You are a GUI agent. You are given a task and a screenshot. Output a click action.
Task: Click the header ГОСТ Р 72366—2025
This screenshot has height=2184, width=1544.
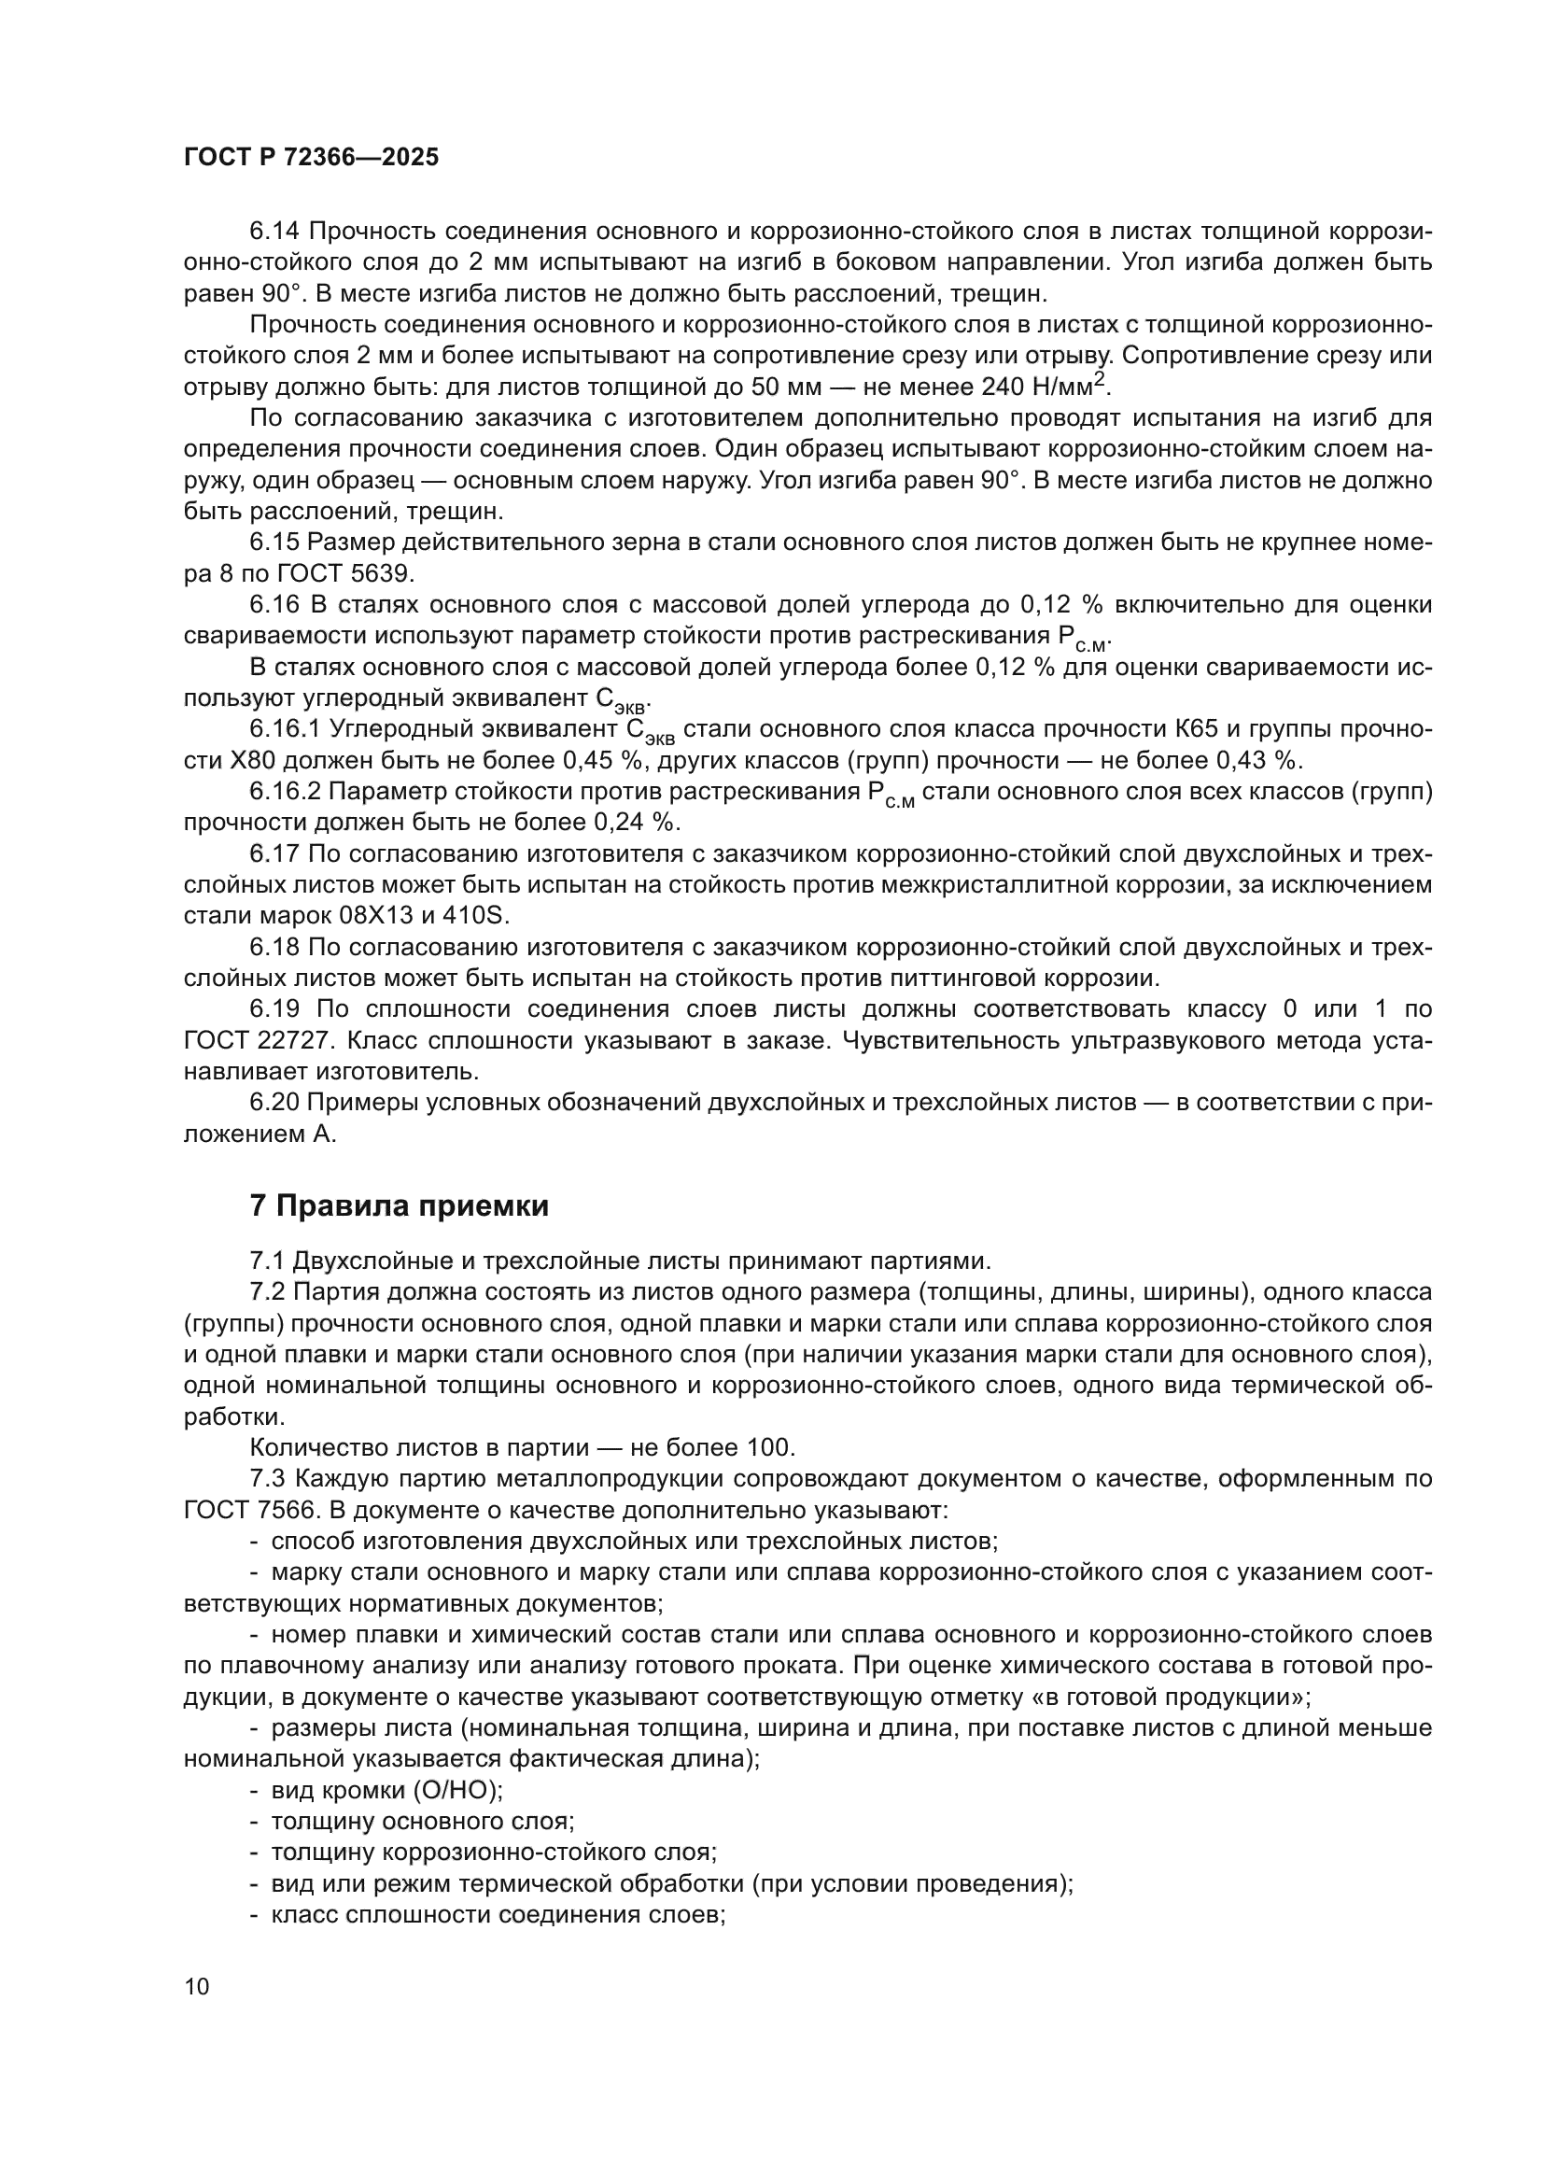[x=311, y=158]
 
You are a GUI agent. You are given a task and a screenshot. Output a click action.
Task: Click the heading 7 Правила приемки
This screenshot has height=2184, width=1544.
[x=400, y=1205]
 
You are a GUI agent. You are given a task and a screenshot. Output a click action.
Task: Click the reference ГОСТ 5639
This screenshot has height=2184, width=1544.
[x=345, y=573]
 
